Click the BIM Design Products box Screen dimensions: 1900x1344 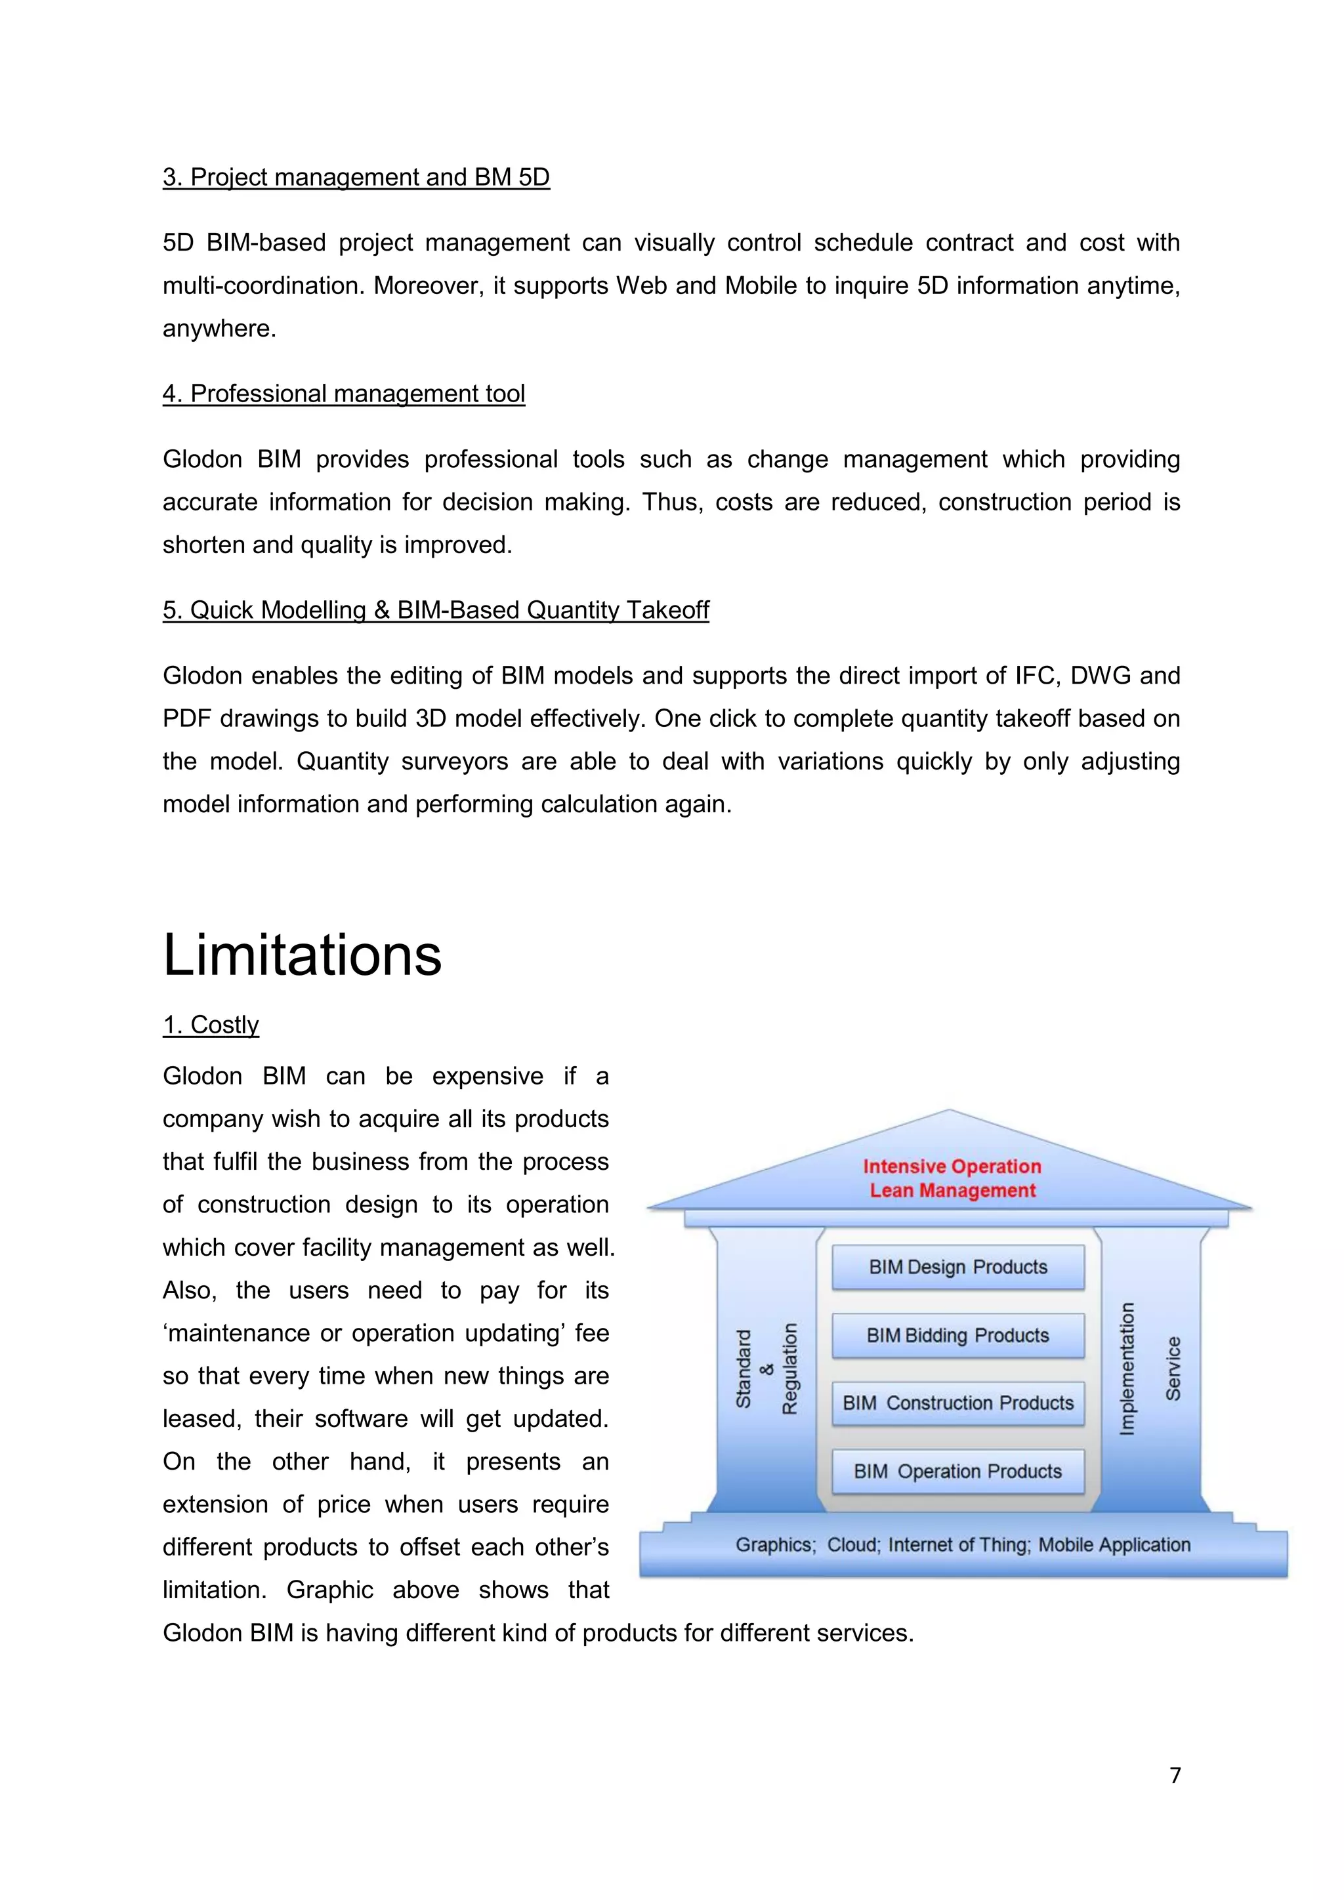click(957, 1267)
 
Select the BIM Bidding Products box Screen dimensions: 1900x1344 click(957, 1335)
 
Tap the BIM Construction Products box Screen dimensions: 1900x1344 click(957, 1403)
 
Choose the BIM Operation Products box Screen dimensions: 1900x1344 click(957, 1470)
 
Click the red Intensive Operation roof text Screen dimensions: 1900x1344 click(952, 1167)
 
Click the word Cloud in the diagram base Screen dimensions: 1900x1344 click(852, 1545)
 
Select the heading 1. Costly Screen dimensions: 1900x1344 click(211, 1025)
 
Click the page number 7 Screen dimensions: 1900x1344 click(1175, 1775)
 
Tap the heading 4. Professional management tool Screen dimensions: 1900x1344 click(343, 394)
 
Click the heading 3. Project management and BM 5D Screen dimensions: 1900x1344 click(356, 177)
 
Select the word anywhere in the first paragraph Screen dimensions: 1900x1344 click(219, 329)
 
